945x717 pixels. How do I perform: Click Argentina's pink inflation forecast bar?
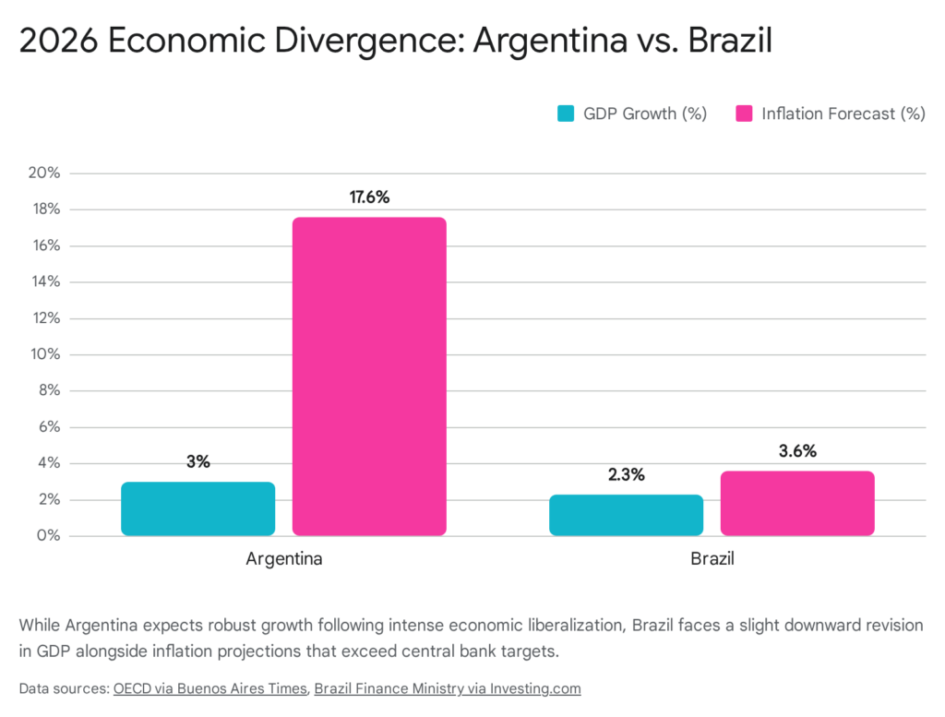pos(369,376)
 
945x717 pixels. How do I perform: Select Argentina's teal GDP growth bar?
pos(197,508)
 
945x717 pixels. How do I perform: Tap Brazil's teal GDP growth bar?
pos(626,515)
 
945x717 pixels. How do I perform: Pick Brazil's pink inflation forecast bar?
pos(797,503)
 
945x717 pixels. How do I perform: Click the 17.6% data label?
pos(369,197)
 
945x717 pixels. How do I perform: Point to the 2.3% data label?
pos(626,474)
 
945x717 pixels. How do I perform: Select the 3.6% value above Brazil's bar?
pos(797,451)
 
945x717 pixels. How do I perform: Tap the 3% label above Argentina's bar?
pos(197,461)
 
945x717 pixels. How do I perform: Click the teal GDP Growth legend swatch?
pos(566,114)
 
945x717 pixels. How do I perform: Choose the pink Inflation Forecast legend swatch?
pos(744,114)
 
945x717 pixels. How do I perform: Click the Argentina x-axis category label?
pos(283,559)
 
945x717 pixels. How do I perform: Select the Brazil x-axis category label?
pos(712,559)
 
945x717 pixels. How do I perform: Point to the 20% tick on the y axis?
pos(44,173)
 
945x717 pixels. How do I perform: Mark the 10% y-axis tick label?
pos(44,354)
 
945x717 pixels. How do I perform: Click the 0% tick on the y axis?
pos(48,536)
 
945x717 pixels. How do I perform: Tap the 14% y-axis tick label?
pos(44,281)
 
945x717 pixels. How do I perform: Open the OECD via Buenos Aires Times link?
pos(210,688)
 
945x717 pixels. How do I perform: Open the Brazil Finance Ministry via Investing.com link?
pos(448,688)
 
